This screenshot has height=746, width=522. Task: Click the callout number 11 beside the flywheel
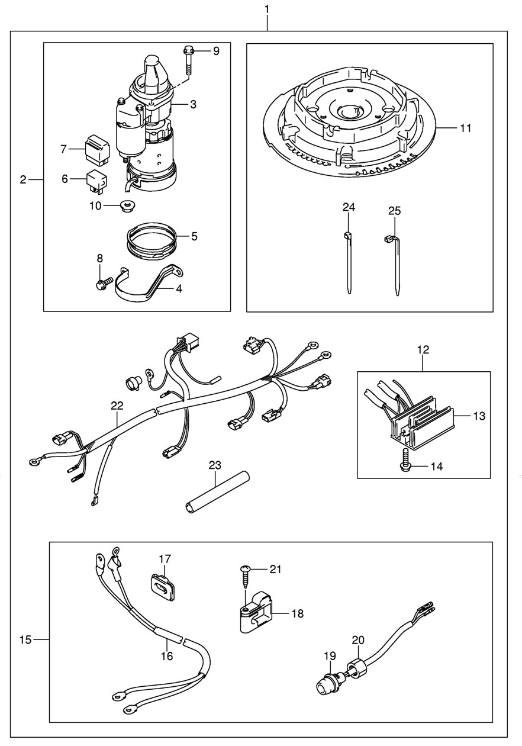[465, 128]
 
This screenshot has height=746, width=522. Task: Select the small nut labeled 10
[125, 206]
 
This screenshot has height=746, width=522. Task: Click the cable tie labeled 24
[347, 263]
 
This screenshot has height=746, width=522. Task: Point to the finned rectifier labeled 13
[421, 417]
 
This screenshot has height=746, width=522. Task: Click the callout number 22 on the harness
[117, 406]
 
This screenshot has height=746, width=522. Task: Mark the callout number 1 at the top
[267, 9]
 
